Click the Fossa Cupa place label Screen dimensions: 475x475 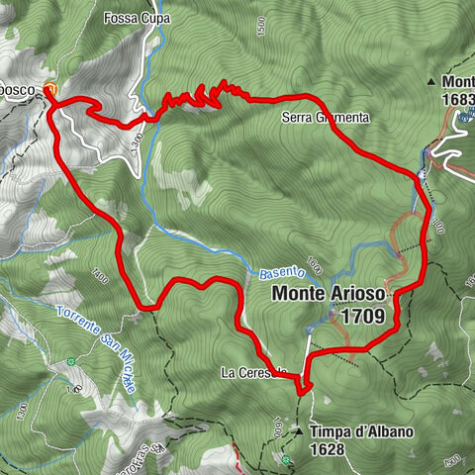click(137, 19)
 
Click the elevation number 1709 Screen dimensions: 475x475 click(364, 317)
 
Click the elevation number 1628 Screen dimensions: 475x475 click(326, 449)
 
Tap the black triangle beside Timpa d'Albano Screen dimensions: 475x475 click(298, 432)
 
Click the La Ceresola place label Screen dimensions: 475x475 click(254, 373)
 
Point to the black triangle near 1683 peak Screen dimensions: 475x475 click(432, 81)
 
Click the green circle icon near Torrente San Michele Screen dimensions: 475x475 click(71, 362)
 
